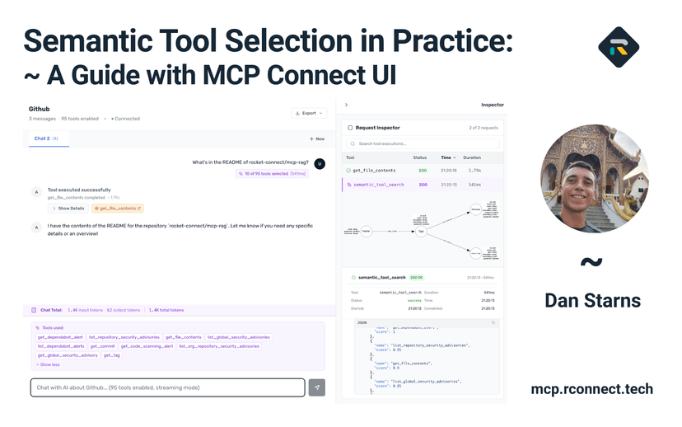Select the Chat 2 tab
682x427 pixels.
click(45, 138)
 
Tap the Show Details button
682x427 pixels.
click(69, 209)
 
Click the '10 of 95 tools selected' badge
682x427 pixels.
click(273, 174)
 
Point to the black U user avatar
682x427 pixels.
click(320, 163)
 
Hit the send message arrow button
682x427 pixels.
click(317, 387)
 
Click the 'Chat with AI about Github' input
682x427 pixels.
click(167, 387)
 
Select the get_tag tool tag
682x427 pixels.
click(111, 355)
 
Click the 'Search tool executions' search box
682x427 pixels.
click(423, 144)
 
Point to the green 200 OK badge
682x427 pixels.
click(417, 278)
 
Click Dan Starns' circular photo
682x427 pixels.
click(594, 179)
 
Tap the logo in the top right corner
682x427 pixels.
click(619, 47)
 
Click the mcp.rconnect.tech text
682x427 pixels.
click(591, 389)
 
